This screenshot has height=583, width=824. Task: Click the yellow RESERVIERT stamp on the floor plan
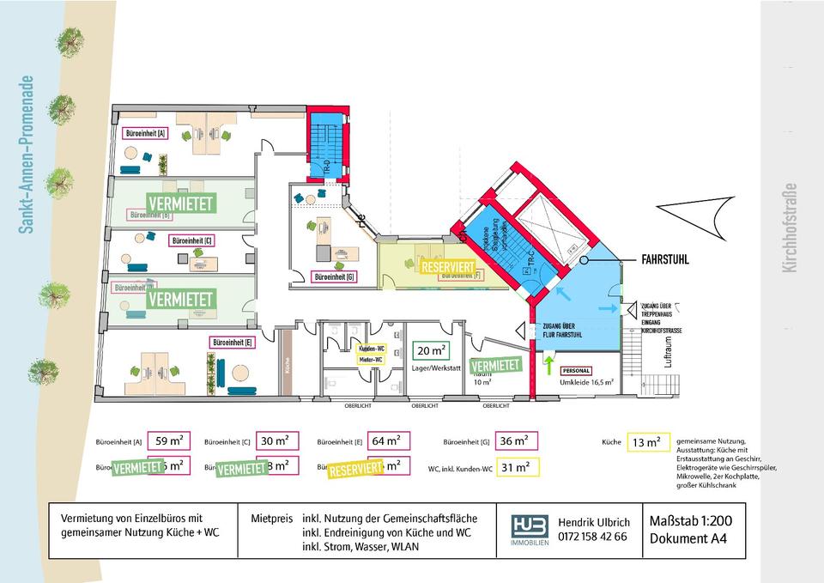[447, 267]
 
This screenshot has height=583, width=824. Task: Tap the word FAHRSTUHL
[665, 258]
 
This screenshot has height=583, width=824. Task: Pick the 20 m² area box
[431, 350]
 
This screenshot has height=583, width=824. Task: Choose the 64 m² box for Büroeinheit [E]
[387, 441]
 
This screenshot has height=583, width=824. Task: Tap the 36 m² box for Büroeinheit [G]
[515, 441]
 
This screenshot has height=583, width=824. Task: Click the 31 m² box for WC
[515, 467]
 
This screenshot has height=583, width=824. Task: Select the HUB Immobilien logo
[529, 528]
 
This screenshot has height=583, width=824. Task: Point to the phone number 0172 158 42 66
[593, 537]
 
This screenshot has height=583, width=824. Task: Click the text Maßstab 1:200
[691, 521]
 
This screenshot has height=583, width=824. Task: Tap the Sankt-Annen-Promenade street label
[27, 155]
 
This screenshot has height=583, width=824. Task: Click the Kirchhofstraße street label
[790, 228]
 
